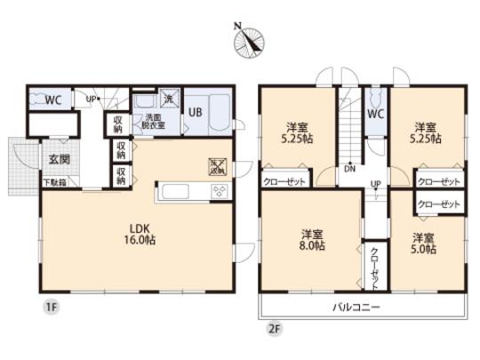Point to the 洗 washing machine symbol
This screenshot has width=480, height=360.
click(167, 100)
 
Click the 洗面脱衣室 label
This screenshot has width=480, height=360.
click(147, 123)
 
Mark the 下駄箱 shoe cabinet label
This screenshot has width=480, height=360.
click(55, 183)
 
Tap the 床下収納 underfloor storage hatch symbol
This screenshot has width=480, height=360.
click(216, 165)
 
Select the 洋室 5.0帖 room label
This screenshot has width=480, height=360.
click(423, 244)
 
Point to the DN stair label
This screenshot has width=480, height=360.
click(351, 167)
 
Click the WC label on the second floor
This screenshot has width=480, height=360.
click(375, 114)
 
